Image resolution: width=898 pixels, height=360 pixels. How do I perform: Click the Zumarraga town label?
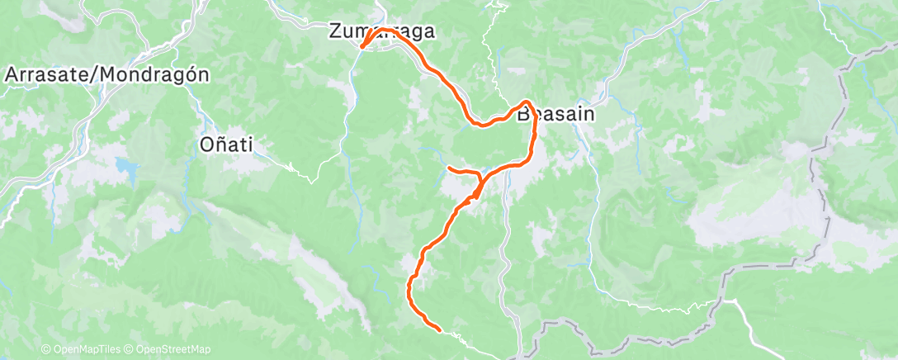pos(381,32)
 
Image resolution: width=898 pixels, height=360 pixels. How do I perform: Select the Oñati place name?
pos(226,144)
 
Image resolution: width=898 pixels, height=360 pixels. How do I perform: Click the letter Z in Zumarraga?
pos(335,32)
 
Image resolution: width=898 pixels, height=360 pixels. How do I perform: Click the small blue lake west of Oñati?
pos(129,168)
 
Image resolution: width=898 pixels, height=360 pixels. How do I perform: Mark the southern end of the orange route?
pos(440,329)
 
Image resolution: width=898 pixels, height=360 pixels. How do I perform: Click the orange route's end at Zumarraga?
pos(362,46)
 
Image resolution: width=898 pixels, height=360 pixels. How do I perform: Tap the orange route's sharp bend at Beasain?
pos(526,103)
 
